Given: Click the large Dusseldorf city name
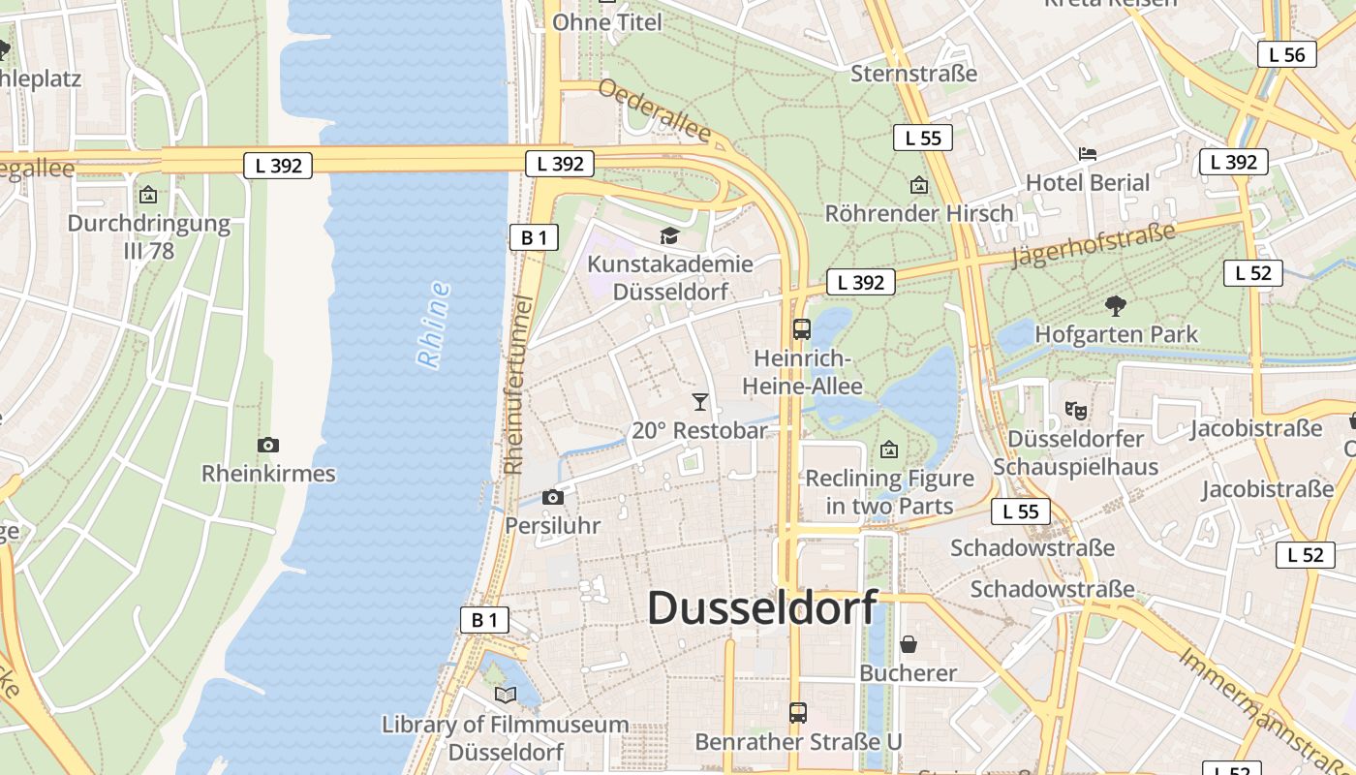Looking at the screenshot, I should point(762,608).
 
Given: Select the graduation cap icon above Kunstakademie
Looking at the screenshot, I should point(669,235).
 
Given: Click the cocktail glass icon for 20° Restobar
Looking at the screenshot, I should point(700,401).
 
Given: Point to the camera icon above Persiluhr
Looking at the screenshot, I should point(553,497).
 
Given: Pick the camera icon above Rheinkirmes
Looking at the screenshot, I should point(268,445).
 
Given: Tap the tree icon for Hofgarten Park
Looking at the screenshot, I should point(1116,306).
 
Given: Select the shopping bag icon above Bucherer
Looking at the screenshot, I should point(909,644).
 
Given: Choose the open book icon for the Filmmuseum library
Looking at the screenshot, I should point(505,695).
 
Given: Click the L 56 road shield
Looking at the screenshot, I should point(1286,54).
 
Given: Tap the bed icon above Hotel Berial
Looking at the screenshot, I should point(1088,154).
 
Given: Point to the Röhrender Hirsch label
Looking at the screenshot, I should point(919,213).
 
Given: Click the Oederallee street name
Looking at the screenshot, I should point(655,109).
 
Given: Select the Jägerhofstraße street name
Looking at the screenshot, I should point(1093,244).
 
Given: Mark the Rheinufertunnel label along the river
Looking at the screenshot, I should point(520,385).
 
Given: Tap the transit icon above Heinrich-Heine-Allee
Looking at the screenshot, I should point(801,328).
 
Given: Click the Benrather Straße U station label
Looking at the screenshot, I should point(798,742).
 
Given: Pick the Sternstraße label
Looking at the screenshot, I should point(913,74).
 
